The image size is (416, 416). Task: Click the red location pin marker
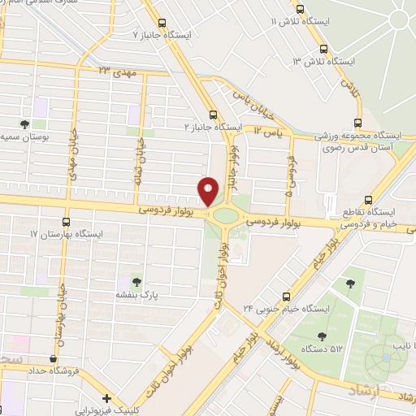coord(209,191)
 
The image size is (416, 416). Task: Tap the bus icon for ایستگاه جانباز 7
coord(162,24)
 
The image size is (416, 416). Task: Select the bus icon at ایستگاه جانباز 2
coord(213,115)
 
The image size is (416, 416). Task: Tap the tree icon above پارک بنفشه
coord(136,281)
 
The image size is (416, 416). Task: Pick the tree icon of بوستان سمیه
coord(24,124)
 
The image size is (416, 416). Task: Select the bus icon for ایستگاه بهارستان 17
coord(66,221)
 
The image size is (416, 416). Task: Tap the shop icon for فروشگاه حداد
coord(53,358)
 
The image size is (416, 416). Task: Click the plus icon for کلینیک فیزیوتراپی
coord(106,398)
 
